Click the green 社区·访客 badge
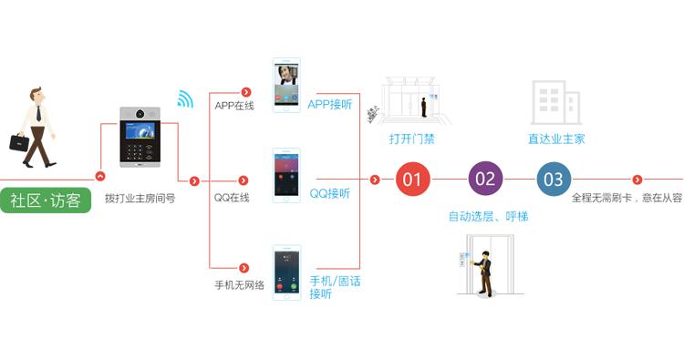click(x=47, y=201)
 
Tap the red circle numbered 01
click(x=412, y=179)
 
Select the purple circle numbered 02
click(x=485, y=179)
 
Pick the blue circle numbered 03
click(x=554, y=179)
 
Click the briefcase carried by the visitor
click(x=19, y=142)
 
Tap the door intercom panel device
click(x=140, y=138)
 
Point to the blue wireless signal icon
click(x=185, y=98)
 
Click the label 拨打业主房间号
click(x=140, y=198)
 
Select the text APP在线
click(x=234, y=106)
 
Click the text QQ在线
click(x=232, y=198)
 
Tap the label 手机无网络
click(x=239, y=285)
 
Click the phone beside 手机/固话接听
click(x=287, y=271)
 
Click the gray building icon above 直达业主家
click(x=554, y=102)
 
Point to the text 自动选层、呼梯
click(x=488, y=217)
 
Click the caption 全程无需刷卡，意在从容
click(x=627, y=198)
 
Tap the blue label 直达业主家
click(x=556, y=139)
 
